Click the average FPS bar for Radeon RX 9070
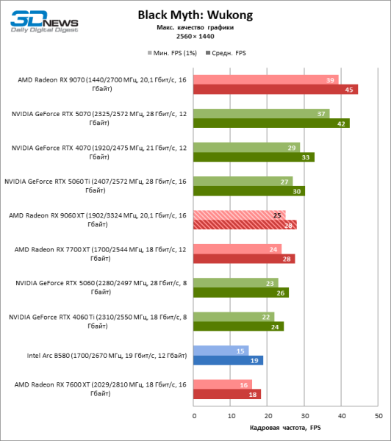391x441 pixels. (276, 90)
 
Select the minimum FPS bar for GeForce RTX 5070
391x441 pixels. (261, 114)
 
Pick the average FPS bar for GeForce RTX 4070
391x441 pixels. (254, 157)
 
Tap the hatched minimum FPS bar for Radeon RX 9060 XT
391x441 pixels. (240, 215)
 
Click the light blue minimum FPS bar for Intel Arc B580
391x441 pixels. (221, 351)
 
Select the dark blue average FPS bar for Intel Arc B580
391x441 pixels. (229, 360)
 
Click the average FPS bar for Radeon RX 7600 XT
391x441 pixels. (227, 394)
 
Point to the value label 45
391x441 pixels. (351, 90)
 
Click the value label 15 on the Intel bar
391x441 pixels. (242, 351)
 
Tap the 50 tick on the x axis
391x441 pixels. (379, 416)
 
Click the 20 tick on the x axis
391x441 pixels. (268, 416)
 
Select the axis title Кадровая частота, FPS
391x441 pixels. (286, 428)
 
